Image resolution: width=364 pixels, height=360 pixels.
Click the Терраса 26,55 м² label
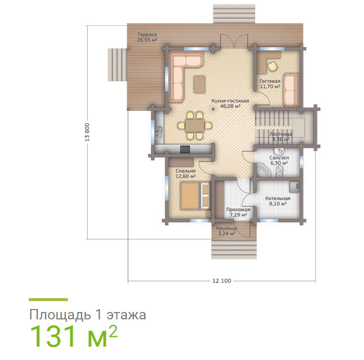click(147, 37)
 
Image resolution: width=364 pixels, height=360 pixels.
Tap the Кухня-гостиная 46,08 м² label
click(230, 103)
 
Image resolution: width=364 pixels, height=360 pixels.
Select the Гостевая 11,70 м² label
click(270, 84)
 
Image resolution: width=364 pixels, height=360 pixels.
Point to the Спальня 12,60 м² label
click(186, 173)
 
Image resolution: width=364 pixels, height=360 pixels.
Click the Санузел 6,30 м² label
click(279, 160)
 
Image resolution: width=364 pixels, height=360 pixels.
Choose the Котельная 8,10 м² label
click(278, 201)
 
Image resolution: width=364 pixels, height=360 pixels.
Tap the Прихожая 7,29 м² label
click(238, 212)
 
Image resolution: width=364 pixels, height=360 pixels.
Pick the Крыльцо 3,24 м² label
click(227, 231)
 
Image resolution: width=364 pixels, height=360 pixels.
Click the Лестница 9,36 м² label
click(281, 137)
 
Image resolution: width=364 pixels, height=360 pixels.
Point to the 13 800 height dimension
click(87, 132)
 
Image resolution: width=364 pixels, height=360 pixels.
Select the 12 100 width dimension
click(222, 281)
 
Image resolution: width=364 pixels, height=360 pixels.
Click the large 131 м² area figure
click(74, 336)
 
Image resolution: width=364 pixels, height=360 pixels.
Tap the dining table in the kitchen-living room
click(195, 126)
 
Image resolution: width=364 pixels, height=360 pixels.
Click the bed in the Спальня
click(195, 196)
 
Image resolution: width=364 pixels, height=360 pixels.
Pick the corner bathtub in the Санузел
click(263, 170)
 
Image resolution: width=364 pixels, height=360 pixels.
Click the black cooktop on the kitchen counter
click(185, 149)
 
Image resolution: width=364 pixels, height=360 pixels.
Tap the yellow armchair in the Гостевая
click(272, 66)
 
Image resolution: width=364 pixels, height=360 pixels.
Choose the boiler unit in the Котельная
click(294, 186)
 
